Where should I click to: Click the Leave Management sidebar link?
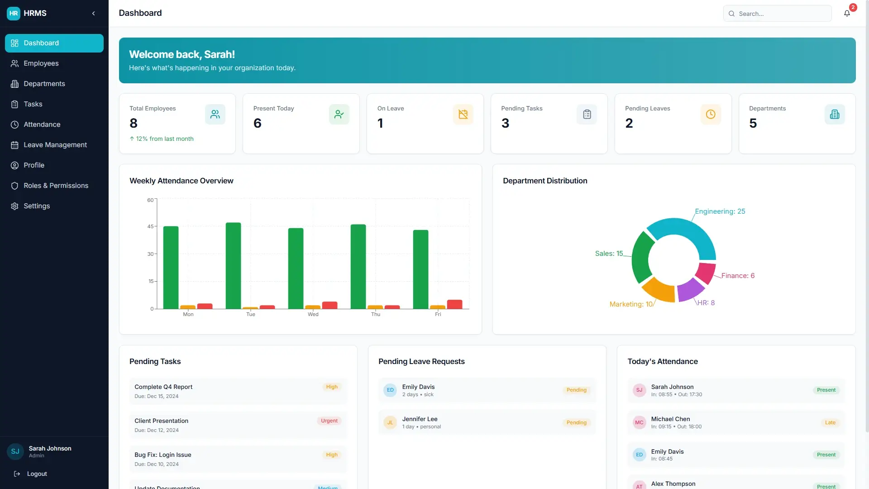pos(54,145)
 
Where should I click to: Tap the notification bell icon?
pos(847,14)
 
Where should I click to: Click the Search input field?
pos(777,14)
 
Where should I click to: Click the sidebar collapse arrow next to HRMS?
pos(94,14)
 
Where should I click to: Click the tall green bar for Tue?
pos(233,266)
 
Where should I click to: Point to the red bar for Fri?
pos(454,304)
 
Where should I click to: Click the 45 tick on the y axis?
pos(150,226)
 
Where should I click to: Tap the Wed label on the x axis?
pos(313,314)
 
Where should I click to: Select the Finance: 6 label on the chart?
pos(738,276)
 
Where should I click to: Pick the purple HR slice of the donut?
pos(690,290)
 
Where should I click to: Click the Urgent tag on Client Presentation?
pos(329,421)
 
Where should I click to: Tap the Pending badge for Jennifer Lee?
pos(576,422)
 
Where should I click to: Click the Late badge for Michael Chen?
pos(830,422)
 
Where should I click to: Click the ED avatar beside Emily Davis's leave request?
pos(390,390)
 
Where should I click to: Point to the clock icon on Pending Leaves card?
pos(711,115)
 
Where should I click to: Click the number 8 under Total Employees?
pos(134,123)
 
